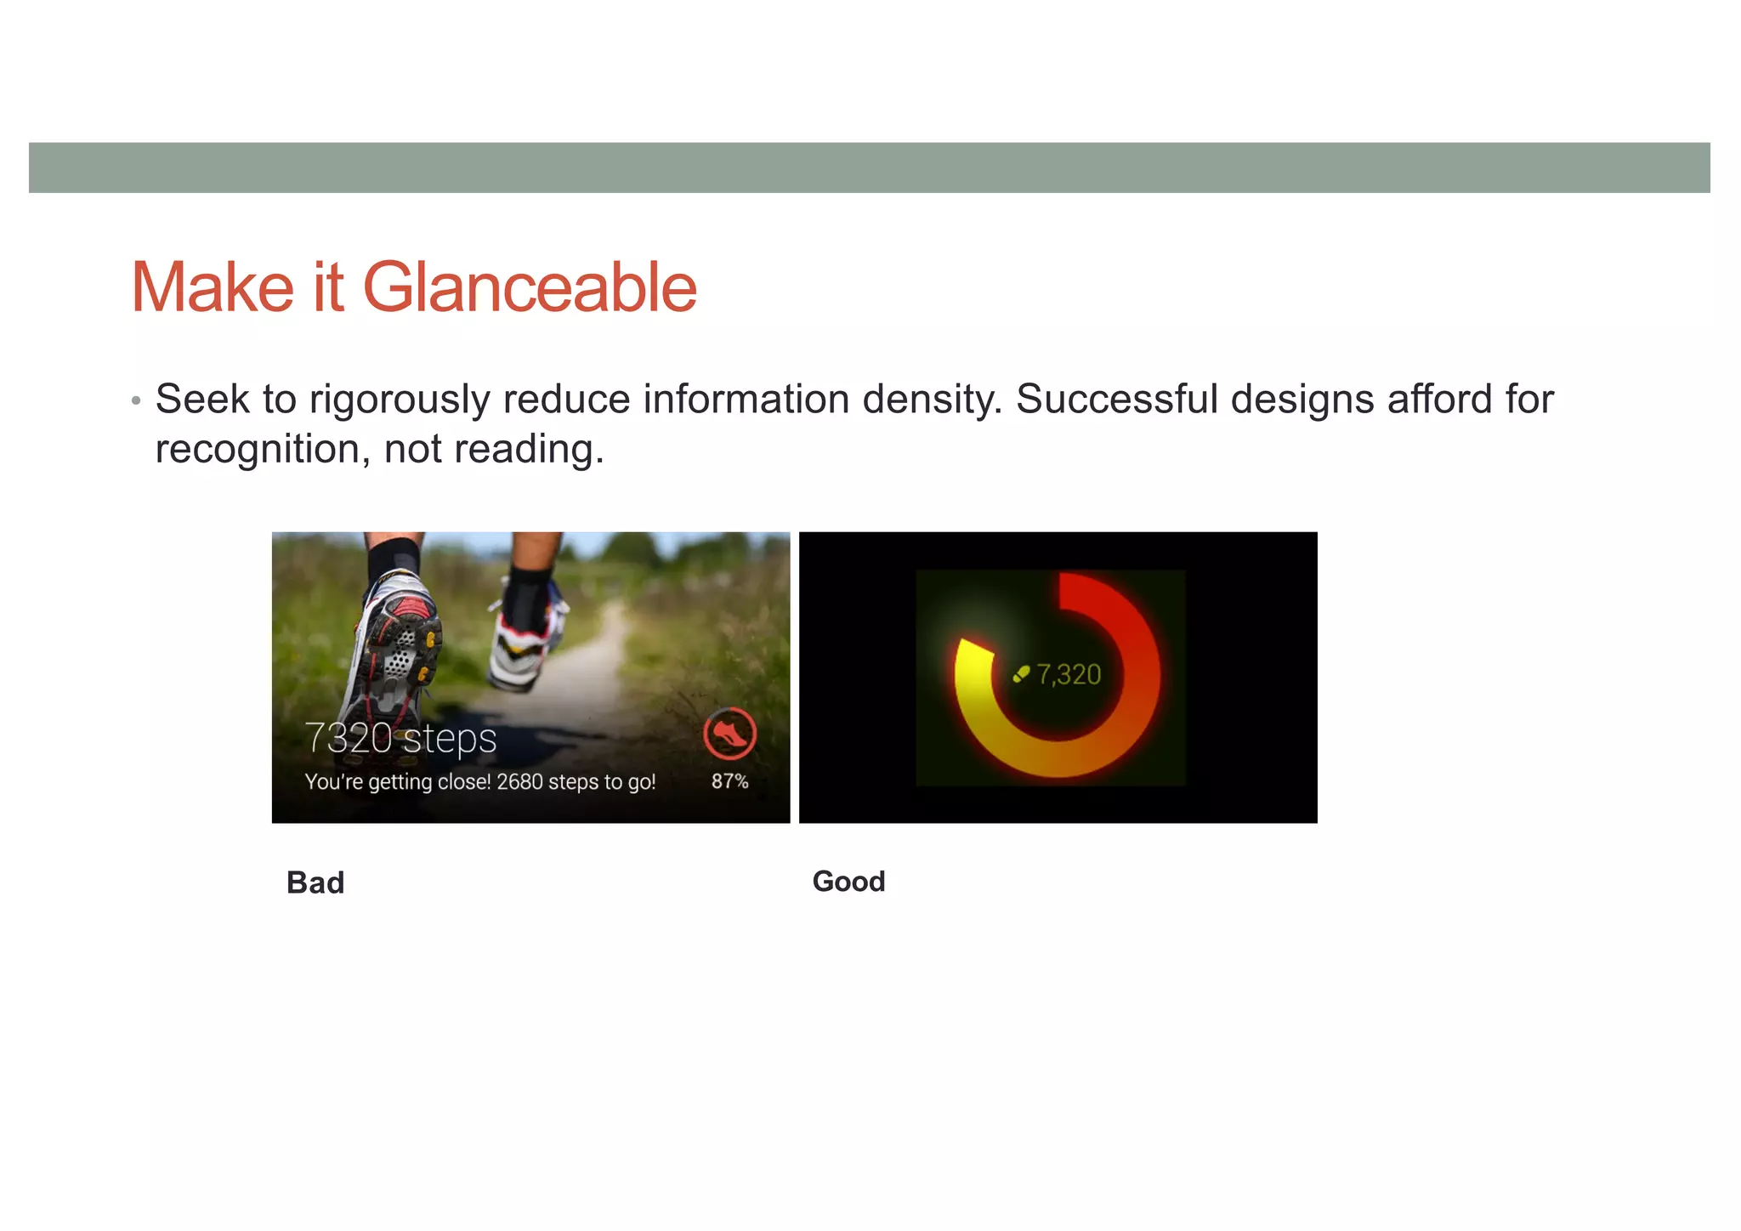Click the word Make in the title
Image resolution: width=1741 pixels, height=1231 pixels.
(x=213, y=287)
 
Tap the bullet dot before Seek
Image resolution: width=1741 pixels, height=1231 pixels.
(x=136, y=400)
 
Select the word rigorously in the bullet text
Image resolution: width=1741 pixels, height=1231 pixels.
(x=399, y=400)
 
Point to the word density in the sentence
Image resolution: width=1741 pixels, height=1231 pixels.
(x=932, y=400)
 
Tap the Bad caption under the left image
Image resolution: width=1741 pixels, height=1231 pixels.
(x=315, y=882)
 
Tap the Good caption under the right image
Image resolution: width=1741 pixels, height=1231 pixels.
(x=848, y=881)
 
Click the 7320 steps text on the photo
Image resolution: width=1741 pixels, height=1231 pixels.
(x=400, y=738)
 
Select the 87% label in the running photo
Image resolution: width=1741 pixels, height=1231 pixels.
(x=729, y=781)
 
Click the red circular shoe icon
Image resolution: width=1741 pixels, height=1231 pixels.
(x=729, y=733)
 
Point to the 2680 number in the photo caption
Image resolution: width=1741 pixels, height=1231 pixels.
(x=519, y=781)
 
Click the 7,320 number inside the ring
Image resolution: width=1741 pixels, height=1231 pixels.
(x=1069, y=675)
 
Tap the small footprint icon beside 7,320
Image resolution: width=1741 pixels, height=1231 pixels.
(x=1021, y=675)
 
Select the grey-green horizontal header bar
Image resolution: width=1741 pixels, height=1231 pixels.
(x=869, y=167)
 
